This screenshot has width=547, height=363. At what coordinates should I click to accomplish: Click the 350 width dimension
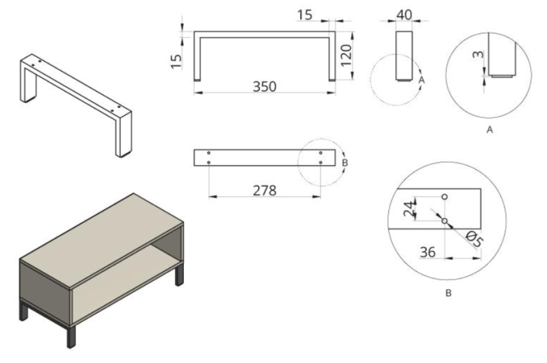(x=265, y=87)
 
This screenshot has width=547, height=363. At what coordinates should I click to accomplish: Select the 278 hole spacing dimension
(x=265, y=191)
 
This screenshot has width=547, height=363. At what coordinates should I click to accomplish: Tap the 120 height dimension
(x=345, y=55)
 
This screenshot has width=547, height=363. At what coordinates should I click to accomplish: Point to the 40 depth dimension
(x=404, y=14)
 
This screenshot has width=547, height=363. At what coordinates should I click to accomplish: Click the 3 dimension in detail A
(x=479, y=55)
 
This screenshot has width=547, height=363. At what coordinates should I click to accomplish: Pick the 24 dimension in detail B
(x=410, y=209)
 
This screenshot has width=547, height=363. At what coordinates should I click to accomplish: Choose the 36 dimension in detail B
(x=428, y=252)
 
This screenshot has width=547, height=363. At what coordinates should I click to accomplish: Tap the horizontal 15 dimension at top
(x=304, y=15)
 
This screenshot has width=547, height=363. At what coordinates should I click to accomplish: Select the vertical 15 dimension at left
(x=176, y=62)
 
